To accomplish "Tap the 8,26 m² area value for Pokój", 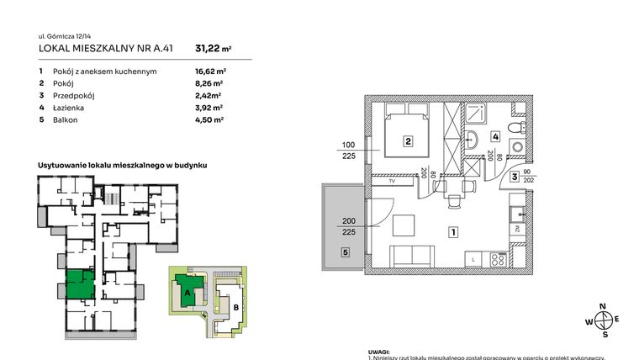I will point(209,84).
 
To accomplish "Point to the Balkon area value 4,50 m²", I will point(209,120).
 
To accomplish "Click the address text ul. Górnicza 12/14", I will point(67,36).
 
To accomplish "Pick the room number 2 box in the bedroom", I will point(407,141).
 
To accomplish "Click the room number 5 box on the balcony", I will point(345,251).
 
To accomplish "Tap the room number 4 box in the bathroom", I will point(496,135).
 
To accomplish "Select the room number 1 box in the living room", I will point(452,231).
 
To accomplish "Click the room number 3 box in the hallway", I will point(512,177).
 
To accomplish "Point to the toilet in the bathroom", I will point(521,129).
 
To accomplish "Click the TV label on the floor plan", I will point(391,181).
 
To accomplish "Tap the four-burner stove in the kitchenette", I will point(497,260).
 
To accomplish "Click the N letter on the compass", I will point(602,306).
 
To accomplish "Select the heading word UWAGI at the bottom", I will point(379,352).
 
